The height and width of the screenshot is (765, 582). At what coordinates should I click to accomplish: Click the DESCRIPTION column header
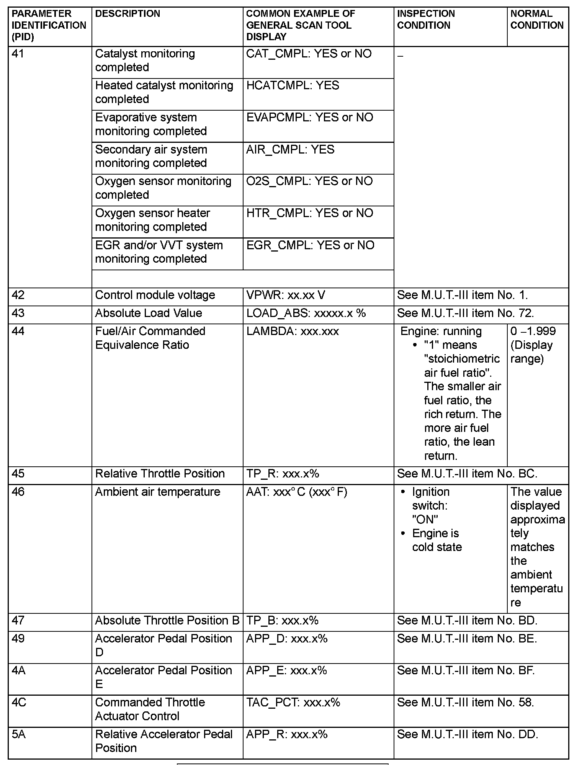click(127, 14)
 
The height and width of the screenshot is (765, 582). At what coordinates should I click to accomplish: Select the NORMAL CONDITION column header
click(537, 20)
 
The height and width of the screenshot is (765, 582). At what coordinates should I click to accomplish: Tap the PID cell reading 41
click(18, 54)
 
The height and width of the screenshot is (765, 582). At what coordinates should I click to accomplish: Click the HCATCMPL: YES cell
click(293, 85)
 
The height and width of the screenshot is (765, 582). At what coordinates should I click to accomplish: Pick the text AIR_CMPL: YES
click(290, 149)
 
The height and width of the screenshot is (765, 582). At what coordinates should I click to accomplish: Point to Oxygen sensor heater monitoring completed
click(152, 220)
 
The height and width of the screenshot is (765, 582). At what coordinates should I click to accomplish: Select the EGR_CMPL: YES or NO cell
click(310, 245)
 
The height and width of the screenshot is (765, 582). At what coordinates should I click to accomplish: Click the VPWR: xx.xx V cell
click(286, 295)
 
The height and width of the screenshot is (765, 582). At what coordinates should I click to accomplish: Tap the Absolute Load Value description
click(149, 313)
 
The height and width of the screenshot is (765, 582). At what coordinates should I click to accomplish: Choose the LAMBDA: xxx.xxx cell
click(293, 331)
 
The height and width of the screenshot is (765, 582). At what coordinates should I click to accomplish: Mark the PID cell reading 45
click(18, 474)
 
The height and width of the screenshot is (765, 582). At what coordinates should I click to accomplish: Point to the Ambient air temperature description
click(158, 492)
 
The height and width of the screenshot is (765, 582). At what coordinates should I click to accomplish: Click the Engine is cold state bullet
click(437, 540)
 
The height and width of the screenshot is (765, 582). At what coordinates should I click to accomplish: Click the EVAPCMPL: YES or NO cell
click(309, 117)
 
